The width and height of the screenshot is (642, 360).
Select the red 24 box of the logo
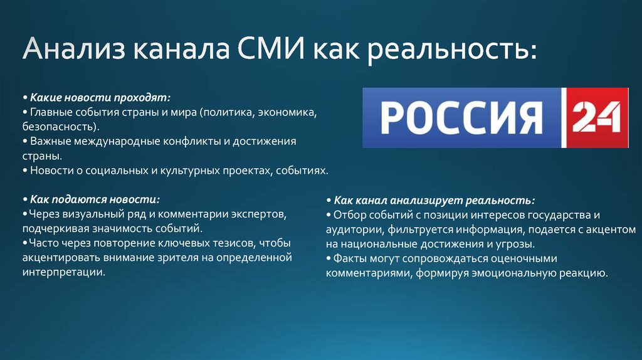click(x=596, y=118)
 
